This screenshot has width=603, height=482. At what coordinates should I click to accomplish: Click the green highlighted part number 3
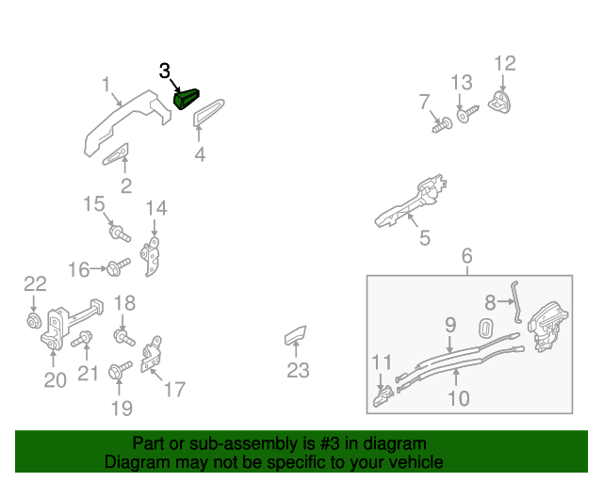tap(187, 99)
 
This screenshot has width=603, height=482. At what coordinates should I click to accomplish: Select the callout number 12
tap(505, 63)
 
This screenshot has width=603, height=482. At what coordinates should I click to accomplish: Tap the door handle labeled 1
tap(128, 122)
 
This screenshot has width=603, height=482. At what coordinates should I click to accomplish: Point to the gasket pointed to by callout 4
tap(208, 112)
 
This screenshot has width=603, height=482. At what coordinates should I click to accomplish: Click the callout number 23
tap(298, 370)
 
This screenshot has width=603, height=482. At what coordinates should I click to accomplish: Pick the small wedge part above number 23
tap(295, 335)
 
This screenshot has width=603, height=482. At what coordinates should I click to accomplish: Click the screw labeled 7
tap(442, 126)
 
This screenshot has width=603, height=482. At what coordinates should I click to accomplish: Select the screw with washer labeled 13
tap(467, 114)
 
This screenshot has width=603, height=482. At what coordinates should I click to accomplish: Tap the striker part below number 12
tap(499, 102)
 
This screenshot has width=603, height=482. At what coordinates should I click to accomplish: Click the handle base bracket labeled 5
tap(411, 201)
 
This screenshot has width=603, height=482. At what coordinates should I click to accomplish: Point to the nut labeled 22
tap(34, 321)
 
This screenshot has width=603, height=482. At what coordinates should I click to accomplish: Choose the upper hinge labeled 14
tap(151, 256)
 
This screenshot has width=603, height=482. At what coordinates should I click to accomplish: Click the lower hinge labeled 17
tap(151, 354)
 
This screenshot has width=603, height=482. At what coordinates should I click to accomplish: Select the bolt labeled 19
tap(121, 370)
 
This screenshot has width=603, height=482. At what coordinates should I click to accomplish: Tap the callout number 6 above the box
tap(467, 256)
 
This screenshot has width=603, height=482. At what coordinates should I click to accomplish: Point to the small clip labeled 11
tap(383, 396)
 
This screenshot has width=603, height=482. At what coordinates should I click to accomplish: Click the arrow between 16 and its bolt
tap(98, 268)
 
